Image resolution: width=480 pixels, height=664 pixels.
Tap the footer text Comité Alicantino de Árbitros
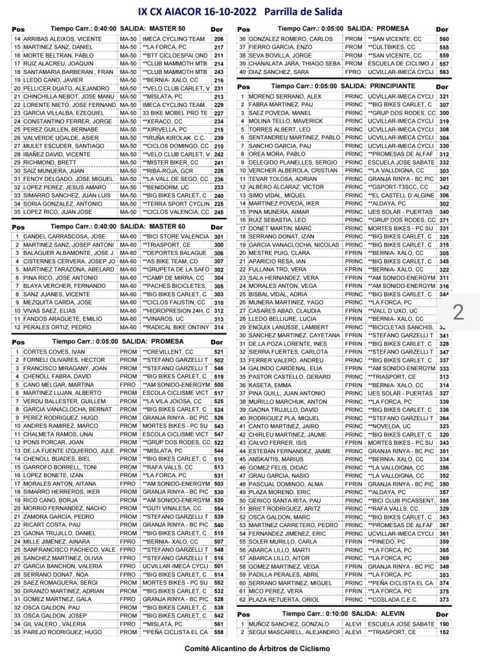(240, 648)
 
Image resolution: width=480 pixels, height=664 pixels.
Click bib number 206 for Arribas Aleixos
(218, 39)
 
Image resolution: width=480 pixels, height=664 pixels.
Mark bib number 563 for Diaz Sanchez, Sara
(444, 73)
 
